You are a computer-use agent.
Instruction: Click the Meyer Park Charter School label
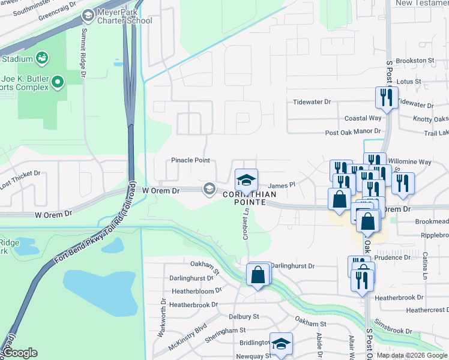[125, 16]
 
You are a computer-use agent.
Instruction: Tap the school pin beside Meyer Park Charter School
[88, 15]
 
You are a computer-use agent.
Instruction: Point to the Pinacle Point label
[190, 160]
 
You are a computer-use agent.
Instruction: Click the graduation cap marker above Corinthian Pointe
[246, 180]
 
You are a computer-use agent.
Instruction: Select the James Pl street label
[282, 186]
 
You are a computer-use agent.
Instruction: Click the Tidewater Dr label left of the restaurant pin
[312, 102]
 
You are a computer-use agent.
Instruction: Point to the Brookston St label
[415, 61]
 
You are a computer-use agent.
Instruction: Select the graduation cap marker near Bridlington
[280, 344]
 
